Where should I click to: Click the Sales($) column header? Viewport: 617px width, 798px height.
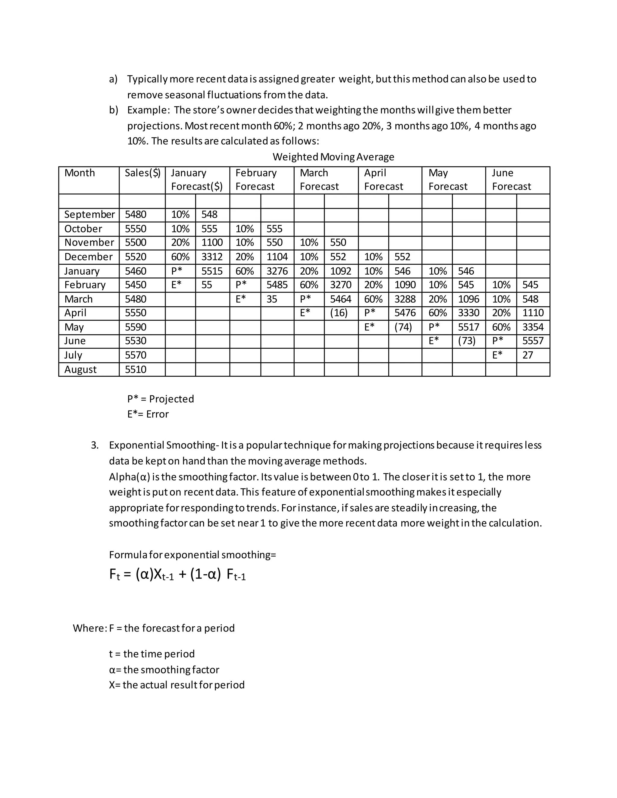click(142, 173)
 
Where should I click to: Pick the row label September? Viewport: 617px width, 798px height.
click(89, 214)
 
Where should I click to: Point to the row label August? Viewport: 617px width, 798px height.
click(80, 369)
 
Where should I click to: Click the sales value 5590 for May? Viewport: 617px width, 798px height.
click(136, 327)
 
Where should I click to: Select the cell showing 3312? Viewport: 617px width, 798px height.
click(212, 257)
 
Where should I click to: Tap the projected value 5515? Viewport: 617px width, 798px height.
click(212, 271)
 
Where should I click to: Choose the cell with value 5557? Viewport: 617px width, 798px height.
click(533, 341)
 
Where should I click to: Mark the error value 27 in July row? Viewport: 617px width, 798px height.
click(528, 355)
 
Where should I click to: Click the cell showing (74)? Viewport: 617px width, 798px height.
click(403, 327)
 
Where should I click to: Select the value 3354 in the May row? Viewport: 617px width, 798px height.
click(533, 327)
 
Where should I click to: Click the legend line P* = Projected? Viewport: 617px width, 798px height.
click(161, 399)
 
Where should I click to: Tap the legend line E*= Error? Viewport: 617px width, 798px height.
click(148, 414)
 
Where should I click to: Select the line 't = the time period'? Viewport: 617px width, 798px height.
click(152, 654)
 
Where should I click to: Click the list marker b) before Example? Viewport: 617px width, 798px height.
click(113, 110)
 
